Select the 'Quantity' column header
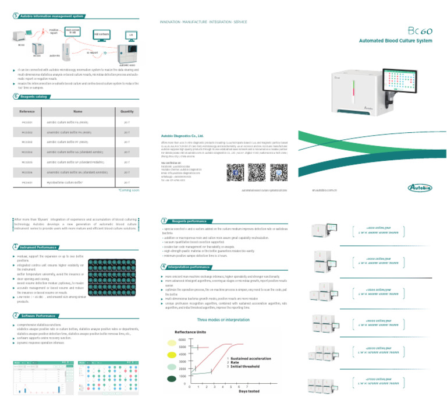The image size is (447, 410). (x=127, y=110)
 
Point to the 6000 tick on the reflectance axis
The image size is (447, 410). (x=182, y=340)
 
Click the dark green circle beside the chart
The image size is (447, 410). (x=172, y=379)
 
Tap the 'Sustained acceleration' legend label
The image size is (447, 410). (x=249, y=359)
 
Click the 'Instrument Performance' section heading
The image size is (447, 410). (x=40, y=247)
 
